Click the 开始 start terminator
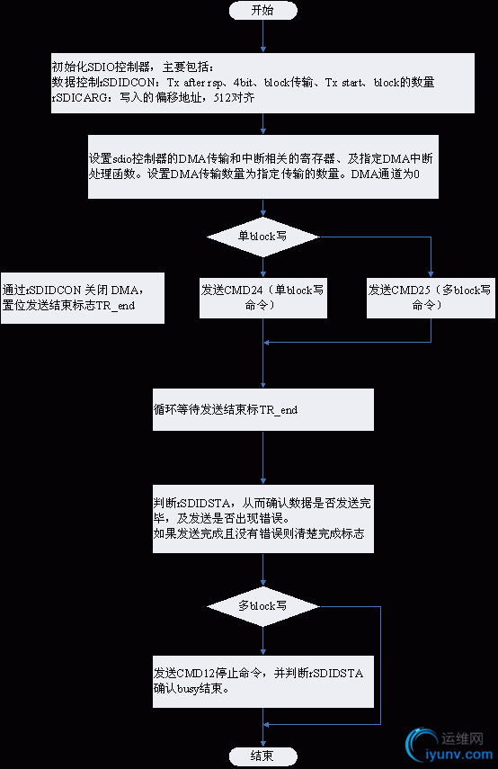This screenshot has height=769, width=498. point(262,10)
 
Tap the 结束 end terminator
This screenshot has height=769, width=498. point(262,756)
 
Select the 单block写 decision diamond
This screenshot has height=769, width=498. point(262,236)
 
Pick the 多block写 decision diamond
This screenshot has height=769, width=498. point(262,606)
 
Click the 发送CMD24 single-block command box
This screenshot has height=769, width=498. point(262,298)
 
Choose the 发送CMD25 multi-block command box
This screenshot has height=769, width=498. point(431,298)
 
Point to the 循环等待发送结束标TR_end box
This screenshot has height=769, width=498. point(262,409)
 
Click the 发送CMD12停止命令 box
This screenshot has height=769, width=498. point(262,681)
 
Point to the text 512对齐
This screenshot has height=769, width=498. point(236,97)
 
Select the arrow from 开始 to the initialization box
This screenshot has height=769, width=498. point(262,36)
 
